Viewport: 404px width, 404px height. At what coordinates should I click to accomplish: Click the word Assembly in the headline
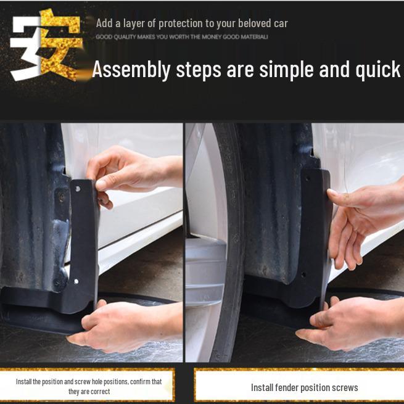pos(131,70)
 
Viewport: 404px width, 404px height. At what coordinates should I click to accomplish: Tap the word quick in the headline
pos(377,70)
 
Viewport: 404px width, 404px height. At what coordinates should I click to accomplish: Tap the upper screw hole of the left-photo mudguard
pos(78,189)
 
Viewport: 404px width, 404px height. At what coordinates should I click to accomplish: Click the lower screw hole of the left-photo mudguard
pos(76,281)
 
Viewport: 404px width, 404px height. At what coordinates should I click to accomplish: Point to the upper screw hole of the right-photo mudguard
pos(307,178)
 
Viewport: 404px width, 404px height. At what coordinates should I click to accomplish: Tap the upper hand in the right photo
pos(366,221)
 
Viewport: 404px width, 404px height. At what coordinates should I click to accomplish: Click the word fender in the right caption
pos(287,387)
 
